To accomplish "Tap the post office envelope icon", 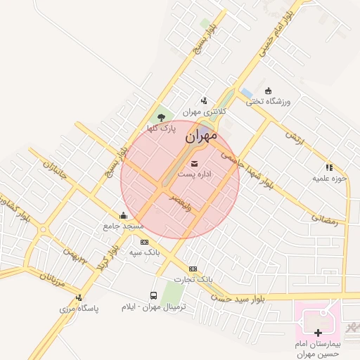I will (x=195, y=164).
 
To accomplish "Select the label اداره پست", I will (x=195, y=173).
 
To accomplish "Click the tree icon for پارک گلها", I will (x=162, y=117).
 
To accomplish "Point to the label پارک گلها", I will (x=161, y=128).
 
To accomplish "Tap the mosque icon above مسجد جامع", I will (x=124, y=215).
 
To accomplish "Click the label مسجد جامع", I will (x=123, y=226).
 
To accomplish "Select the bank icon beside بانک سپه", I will (x=144, y=241).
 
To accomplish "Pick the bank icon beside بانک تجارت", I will (x=193, y=268).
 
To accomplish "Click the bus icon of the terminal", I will (x=153, y=296).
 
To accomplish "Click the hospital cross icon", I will (x=319, y=332).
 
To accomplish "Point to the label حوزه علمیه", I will (x=330, y=178).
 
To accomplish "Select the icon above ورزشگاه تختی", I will (x=267, y=91).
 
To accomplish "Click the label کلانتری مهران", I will (x=202, y=111).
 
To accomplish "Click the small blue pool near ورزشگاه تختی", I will (x=246, y=93).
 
